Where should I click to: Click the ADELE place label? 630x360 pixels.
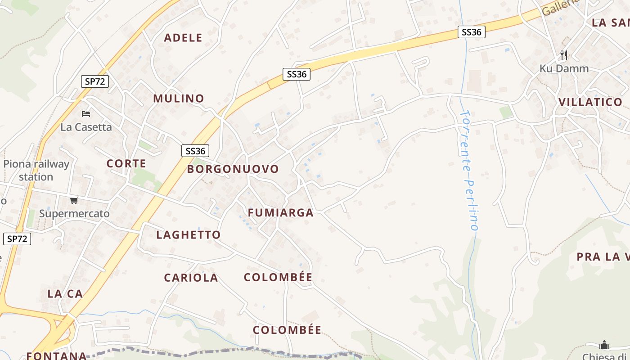click(x=183, y=38)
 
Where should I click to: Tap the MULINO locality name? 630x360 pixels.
click(x=179, y=99)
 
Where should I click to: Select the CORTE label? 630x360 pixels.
click(x=126, y=164)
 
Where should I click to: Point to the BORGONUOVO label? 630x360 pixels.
click(x=233, y=169)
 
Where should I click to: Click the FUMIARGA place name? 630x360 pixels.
click(x=281, y=213)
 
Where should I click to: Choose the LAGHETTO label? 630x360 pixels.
click(x=189, y=235)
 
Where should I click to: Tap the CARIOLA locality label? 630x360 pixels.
click(x=191, y=278)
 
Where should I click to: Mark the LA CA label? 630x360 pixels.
click(x=65, y=294)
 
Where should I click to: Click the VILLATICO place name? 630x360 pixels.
click(x=590, y=102)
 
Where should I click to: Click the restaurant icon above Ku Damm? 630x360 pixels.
click(x=563, y=55)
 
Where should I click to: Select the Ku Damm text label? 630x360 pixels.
click(x=564, y=69)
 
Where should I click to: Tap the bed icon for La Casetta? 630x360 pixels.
click(x=86, y=113)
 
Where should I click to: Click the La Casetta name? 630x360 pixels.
click(x=86, y=127)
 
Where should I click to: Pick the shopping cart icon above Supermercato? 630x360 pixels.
click(x=74, y=200)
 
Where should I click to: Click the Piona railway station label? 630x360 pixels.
click(x=36, y=170)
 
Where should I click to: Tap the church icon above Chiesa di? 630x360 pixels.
click(x=604, y=345)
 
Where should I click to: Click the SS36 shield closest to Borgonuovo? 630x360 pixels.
click(x=195, y=151)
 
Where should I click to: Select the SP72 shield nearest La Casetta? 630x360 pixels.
click(x=95, y=81)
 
